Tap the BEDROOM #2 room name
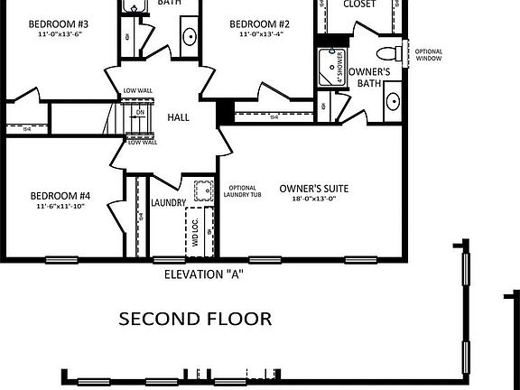[x=259, y=23]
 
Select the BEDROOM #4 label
[x=60, y=195]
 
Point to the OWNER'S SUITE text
[x=313, y=188]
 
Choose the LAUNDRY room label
[x=169, y=203]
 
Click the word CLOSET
[x=360, y=5]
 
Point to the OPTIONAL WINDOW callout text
[x=429, y=55]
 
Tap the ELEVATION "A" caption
[x=204, y=274]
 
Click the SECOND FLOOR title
[x=196, y=318]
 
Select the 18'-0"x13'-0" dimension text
[x=313, y=200]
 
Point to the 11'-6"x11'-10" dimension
[x=60, y=207]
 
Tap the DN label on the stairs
[x=140, y=112]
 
